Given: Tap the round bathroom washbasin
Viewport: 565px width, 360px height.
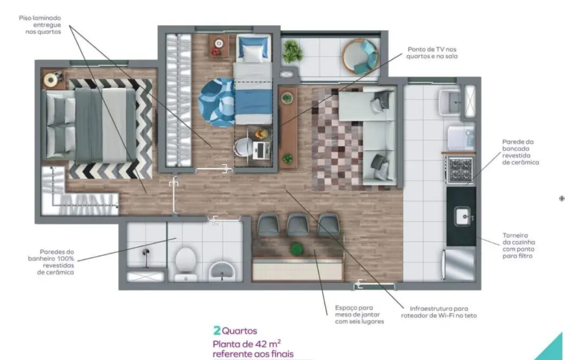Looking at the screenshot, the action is (x=222, y=271).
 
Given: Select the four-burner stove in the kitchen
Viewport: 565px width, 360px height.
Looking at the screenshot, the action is (x=460, y=169).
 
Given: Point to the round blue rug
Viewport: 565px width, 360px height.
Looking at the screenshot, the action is (x=217, y=103).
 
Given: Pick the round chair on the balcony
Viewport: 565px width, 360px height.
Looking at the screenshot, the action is (x=360, y=57).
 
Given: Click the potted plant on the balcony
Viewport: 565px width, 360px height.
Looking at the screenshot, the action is (x=292, y=51).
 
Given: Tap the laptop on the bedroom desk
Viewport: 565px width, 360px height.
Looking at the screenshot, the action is (x=261, y=150).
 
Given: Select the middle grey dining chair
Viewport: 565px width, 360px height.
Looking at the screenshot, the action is (x=297, y=225).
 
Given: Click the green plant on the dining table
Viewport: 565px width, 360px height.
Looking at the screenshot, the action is (x=296, y=249).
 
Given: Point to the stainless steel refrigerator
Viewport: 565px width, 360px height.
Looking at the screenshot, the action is (x=459, y=265).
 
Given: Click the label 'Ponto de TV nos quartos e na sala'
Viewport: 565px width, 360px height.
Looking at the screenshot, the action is (x=431, y=52).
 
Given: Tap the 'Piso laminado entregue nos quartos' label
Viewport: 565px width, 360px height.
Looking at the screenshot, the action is (x=40, y=25).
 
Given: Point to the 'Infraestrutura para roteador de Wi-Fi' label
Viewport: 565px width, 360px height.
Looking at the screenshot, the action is (x=439, y=312).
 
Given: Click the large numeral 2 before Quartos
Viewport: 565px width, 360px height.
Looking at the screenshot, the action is (x=217, y=330).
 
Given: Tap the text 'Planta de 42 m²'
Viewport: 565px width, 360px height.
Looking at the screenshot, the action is (x=247, y=343).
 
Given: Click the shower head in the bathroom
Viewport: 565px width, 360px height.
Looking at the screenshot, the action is (x=146, y=252).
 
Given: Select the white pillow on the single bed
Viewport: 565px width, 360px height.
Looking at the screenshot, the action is (x=252, y=54).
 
